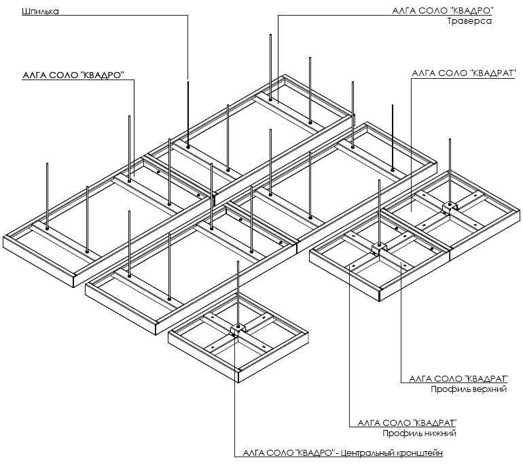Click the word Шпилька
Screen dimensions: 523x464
40,12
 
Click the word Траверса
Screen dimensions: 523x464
469,21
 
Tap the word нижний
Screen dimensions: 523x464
440,433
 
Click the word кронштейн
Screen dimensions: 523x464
420,453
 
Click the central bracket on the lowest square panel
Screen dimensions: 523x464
238,330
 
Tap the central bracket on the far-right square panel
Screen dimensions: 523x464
450,208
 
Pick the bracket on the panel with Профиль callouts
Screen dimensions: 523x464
379,248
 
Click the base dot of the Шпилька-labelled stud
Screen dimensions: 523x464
188,147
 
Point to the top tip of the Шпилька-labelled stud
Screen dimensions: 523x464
188,82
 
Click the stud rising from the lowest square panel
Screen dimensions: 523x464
238,293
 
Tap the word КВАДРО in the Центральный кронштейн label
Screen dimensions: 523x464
314,453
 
